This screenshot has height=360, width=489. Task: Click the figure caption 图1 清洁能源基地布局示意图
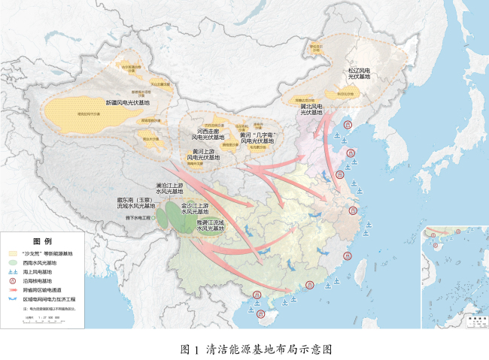257,349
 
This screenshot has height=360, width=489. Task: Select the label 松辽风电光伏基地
359,74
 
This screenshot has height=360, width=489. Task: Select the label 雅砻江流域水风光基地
211,225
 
